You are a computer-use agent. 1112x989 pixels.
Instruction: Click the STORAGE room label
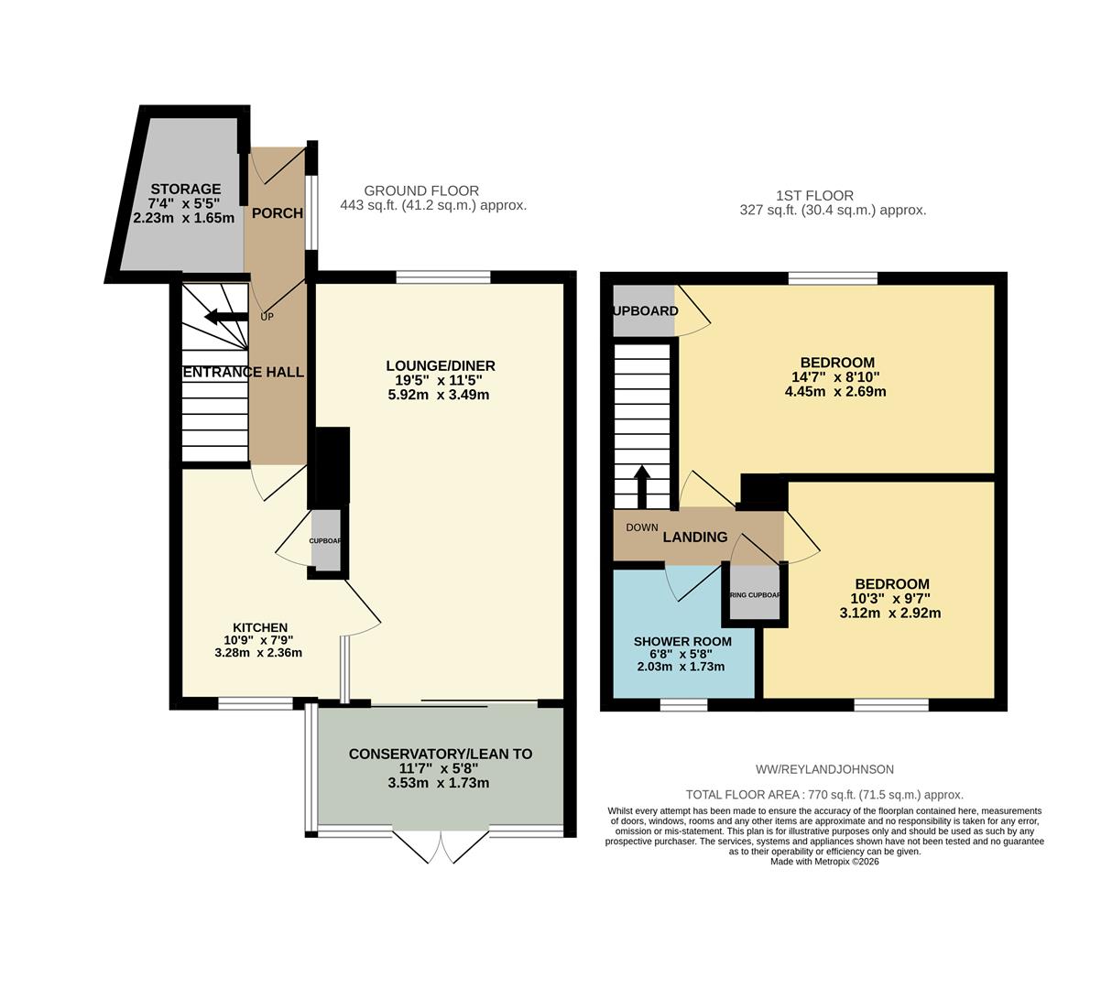click(186, 190)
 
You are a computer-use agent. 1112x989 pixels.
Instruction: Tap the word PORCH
click(277, 213)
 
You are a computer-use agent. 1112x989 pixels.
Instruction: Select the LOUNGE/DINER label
click(440, 366)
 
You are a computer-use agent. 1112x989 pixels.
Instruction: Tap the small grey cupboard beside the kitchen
click(325, 540)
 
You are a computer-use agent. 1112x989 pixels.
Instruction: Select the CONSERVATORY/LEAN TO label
click(440, 755)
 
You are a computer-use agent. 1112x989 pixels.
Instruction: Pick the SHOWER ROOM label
click(682, 642)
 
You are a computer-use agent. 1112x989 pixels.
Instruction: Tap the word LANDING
click(695, 538)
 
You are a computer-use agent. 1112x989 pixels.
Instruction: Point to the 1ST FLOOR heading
click(814, 195)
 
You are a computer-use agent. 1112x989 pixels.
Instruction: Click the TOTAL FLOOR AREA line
click(824, 795)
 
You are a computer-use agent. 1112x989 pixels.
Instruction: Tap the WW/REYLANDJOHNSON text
click(824, 769)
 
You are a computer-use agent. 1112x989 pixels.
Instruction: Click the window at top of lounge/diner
click(443, 277)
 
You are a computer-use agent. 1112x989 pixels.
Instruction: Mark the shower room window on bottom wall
click(683, 705)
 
